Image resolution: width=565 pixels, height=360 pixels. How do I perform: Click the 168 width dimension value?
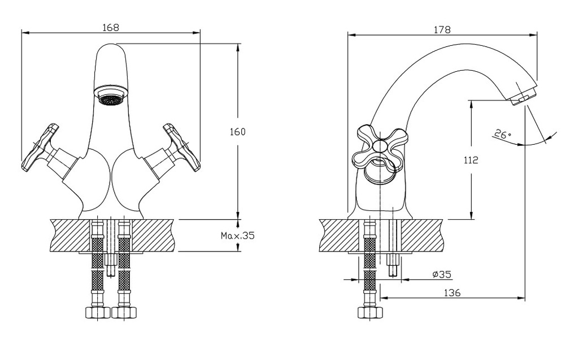coord(111,27)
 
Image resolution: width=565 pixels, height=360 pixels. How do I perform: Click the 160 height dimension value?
coord(237,132)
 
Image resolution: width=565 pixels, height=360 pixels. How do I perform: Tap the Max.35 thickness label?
coord(237,236)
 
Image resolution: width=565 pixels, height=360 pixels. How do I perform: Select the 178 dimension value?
coord(442,29)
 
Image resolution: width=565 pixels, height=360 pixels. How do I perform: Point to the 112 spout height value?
coord(471,159)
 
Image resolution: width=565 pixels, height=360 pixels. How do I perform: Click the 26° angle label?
coord(503,135)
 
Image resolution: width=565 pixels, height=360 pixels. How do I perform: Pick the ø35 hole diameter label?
coord(442,275)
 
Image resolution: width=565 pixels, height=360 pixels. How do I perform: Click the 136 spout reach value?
coord(452,293)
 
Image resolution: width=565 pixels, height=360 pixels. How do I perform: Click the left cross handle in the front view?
coord(40,148)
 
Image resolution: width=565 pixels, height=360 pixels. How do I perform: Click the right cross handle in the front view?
coord(181,148)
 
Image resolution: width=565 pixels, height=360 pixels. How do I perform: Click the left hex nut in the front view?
coord(97,312)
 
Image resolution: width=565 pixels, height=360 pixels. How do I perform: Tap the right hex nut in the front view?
coord(124,312)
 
